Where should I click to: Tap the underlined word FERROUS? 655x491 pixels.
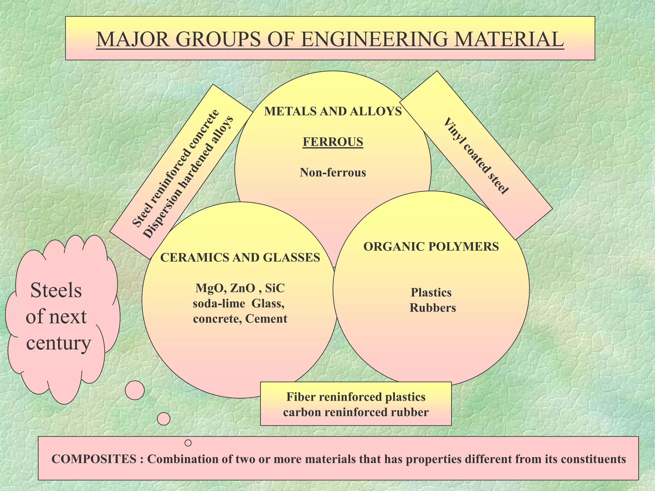click(333, 142)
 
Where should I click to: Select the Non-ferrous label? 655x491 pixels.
click(333, 173)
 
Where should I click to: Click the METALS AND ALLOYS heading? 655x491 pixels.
click(333, 111)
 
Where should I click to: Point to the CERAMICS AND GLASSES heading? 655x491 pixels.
click(240, 257)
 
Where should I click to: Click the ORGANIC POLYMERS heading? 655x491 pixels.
click(431, 246)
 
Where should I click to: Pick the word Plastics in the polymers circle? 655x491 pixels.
click(431, 292)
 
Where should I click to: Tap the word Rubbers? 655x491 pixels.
click(432, 308)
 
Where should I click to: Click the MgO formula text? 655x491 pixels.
click(208, 288)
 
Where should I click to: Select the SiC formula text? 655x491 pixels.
click(275, 288)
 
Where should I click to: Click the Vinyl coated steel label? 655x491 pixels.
click(476, 156)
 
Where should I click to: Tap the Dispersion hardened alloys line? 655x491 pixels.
click(188, 177)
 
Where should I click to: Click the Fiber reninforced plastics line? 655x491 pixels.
click(356, 397)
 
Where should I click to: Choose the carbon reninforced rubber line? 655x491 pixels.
click(356, 412)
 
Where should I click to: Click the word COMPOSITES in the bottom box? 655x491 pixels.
click(94, 459)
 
